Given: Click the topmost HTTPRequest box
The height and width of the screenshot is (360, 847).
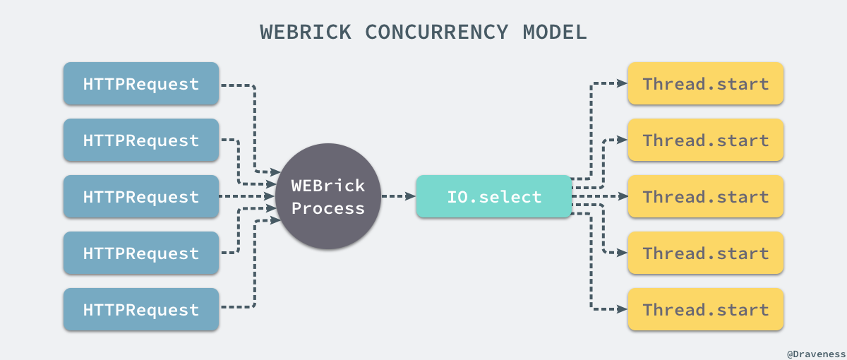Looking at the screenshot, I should [141, 84].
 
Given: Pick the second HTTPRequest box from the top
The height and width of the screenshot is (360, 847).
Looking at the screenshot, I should [141, 140].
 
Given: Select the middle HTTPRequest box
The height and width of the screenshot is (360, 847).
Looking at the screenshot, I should [141, 196].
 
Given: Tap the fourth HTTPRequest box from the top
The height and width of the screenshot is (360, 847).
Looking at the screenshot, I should [141, 253].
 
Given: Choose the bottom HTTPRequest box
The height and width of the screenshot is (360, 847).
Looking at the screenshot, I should [141, 309].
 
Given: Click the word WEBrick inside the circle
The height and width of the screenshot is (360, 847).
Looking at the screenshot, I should [328, 186].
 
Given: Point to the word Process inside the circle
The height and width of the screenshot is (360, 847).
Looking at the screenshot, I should [328, 208].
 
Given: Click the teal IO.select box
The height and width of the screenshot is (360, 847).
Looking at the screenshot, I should [494, 196].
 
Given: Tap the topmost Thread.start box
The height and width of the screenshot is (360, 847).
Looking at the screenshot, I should [706, 84].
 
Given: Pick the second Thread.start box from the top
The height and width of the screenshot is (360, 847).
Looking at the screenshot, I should [706, 140].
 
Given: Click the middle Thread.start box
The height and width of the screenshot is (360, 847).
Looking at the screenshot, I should [706, 196].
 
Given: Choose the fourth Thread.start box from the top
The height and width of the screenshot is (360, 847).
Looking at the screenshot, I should [706, 253].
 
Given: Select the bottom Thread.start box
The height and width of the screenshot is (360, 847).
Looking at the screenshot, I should [706, 309].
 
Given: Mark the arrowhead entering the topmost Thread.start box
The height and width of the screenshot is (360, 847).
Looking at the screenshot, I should [622, 83].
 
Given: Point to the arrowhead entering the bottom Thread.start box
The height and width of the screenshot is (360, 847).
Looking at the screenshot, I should [622, 309].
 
